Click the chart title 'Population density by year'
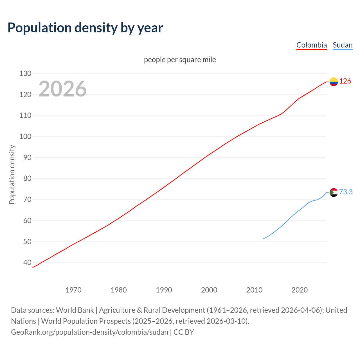(x=85, y=28)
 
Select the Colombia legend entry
(x=311, y=45)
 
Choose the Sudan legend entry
(x=342, y=45)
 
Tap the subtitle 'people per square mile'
(x=180, y=60)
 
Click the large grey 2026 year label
(x=62, y=89)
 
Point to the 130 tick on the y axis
(x=25, y=74)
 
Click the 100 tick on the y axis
(x=25, y=137)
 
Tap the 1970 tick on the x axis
(x=73, y=290)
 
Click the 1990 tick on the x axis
(x=164, y=290)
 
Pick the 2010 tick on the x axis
(x=254, y=290)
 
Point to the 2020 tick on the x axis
(x=300, y=290)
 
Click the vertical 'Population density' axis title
(x=12, y=174)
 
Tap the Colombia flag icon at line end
(x=334, y=82)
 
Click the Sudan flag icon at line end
(x=334, y=192)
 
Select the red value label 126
(x=345, y=81)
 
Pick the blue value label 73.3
(x=346, y=192)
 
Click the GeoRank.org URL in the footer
(x=89, y=332)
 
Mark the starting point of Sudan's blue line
(x=264, y=239)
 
